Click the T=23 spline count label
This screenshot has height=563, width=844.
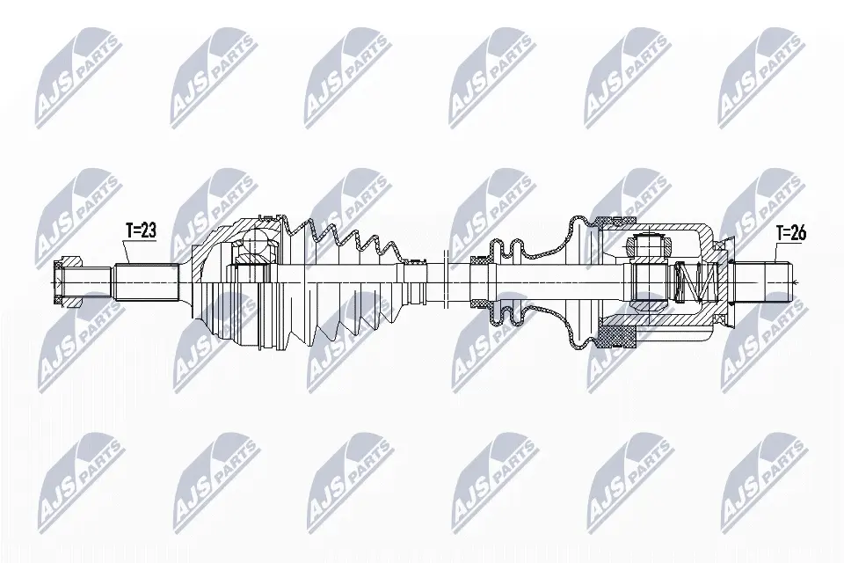click(x=141, y=230)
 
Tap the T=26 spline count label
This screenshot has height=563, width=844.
click(x=791, y=233)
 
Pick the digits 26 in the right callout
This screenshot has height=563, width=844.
click(x=799, y=233)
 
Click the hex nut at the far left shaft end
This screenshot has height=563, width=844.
click(x=68, y=281)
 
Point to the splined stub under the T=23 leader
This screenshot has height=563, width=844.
click(x=147, y=281)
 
